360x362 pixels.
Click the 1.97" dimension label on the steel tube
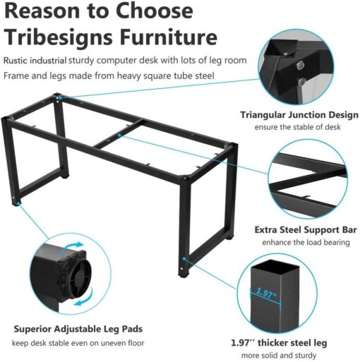266,291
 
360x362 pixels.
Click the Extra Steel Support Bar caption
305,230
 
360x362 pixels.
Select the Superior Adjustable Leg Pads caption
78,329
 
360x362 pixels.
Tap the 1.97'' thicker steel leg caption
279,343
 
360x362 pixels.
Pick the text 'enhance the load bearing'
305,243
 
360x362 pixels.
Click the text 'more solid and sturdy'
279,356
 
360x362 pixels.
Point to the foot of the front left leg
16,204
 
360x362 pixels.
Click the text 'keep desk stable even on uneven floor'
78,343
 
